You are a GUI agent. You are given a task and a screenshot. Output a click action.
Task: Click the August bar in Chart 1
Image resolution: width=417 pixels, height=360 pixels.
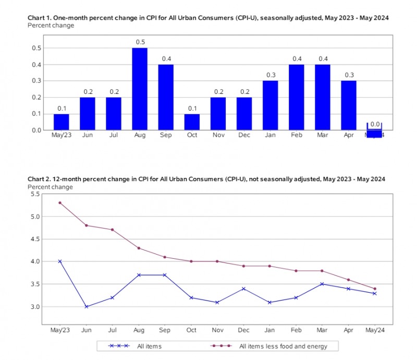[140, 89]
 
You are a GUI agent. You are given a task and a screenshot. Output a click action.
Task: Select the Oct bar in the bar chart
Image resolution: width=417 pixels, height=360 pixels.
[192, 122]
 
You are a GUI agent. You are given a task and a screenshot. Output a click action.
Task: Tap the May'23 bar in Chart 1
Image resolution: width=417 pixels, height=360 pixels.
[61, 122]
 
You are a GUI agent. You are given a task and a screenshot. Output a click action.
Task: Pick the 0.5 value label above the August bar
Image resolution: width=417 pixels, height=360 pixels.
[140, 42]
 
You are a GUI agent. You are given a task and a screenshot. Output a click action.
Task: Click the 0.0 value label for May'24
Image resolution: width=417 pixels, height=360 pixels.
[375, 124]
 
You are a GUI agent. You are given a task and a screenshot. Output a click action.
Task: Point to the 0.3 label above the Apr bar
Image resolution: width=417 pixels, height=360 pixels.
[349, 75]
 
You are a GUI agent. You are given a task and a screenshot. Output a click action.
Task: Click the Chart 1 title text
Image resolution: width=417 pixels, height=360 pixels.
[208, 18]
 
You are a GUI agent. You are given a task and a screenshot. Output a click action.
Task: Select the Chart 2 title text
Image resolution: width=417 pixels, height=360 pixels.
[206, 179]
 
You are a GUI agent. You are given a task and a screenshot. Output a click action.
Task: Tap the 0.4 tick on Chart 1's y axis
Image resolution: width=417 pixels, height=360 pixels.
[36, 65]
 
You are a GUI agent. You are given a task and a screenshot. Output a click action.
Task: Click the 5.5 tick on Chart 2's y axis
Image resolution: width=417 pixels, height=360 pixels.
[35, 194]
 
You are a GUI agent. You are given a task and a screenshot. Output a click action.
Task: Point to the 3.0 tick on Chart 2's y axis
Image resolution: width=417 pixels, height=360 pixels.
[35, 307]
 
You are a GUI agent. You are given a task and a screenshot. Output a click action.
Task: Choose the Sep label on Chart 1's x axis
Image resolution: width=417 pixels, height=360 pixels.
[166, 135]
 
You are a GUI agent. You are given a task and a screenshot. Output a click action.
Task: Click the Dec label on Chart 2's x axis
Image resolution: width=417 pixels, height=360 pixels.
[243, 330]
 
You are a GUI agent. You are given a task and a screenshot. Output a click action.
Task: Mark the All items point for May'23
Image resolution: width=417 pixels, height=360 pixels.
[60, 261]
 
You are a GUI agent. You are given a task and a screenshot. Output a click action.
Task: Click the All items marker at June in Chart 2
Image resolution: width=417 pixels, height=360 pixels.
[87, 307]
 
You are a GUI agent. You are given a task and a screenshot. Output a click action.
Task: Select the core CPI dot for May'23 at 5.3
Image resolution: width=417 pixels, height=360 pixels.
[60, 203]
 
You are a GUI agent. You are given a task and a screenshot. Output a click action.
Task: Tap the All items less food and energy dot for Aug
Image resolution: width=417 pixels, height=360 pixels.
[139, 248]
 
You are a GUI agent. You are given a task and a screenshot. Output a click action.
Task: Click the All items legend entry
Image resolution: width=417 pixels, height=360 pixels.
[135, 346]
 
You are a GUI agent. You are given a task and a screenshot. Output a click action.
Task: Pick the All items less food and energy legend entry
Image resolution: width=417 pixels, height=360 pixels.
[269, 346]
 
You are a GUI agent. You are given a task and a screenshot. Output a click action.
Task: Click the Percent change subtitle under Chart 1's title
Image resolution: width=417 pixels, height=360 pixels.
[51, 26]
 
